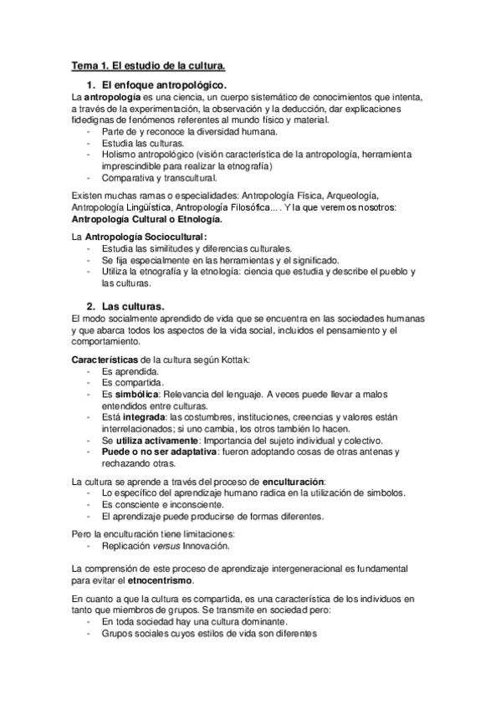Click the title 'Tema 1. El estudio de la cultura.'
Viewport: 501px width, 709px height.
coord(148,64)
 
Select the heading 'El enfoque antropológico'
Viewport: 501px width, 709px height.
coord(164,85)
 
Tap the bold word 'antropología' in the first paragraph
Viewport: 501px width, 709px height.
coord(112,98)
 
